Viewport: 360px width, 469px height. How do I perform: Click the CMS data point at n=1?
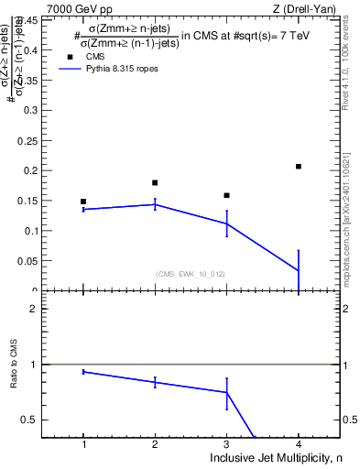click(83, 202)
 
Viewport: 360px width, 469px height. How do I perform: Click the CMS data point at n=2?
click(155, 182)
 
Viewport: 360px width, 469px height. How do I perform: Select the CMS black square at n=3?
click(226, 195)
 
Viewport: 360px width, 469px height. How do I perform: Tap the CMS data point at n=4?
click(299, 166)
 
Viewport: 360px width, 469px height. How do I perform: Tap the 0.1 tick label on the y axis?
click(30, 231)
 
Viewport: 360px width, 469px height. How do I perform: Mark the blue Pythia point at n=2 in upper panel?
click(155, 204)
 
